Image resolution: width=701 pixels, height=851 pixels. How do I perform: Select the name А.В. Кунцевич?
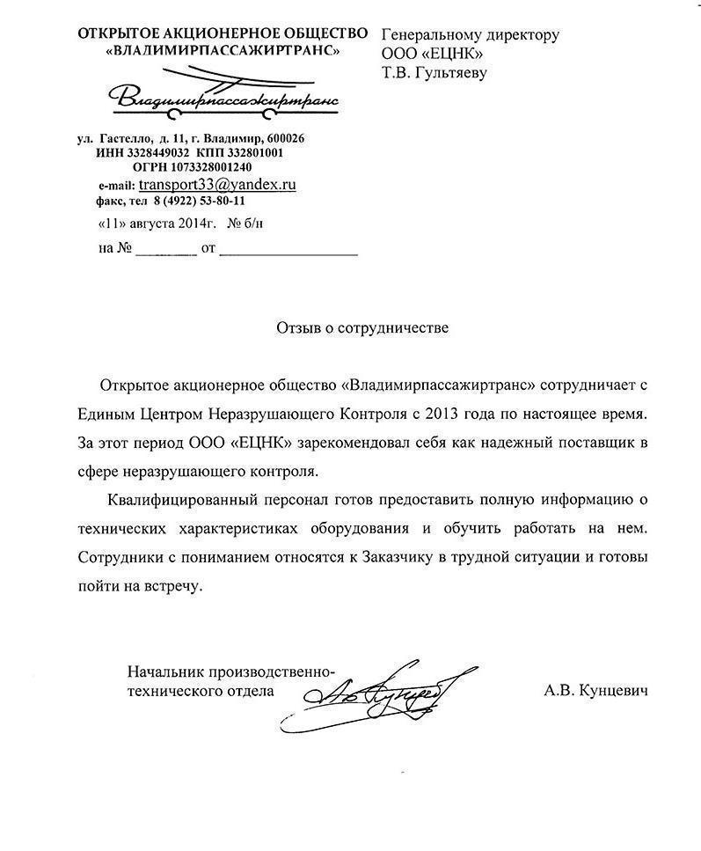pos(595,692)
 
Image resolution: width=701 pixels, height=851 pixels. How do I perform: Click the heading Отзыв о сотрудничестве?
pos(362,328)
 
